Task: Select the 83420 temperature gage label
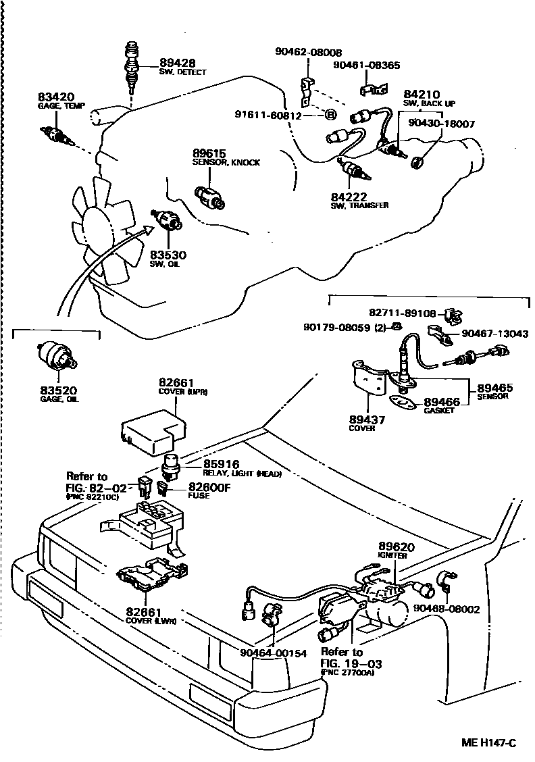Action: pos(56,97)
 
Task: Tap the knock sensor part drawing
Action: pos(209,196)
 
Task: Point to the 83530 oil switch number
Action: pos(168,255)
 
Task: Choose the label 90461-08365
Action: pos(367,66)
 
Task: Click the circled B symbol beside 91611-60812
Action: pos(331,115)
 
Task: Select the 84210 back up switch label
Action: pos(422,94)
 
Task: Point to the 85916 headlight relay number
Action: pos(222,464)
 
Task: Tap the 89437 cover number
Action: pos(367,419)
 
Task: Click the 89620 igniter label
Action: pos(397,547)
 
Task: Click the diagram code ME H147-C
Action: pos(489,743)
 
